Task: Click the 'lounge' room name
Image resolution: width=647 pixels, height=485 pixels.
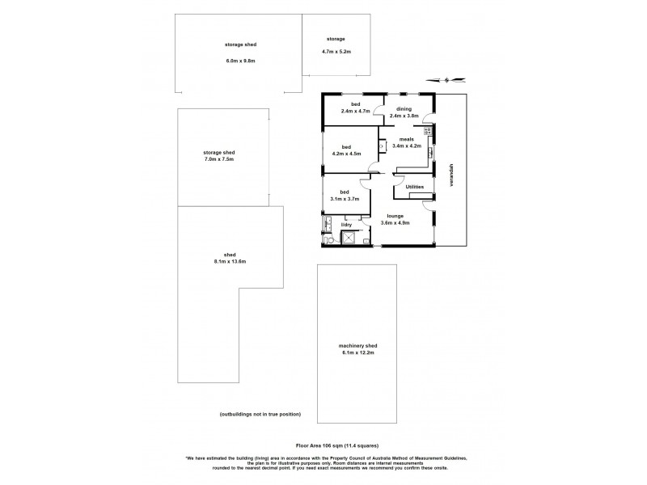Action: click(x=395, y=216)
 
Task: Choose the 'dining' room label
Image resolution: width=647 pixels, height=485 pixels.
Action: click(x=404, y=109)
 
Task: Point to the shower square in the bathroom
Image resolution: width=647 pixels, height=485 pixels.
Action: click(x=350, y=237)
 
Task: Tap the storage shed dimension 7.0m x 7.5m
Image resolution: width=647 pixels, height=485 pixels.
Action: click(x=218, y=160)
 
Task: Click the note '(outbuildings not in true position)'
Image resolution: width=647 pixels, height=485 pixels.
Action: click(x=260, y=414)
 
